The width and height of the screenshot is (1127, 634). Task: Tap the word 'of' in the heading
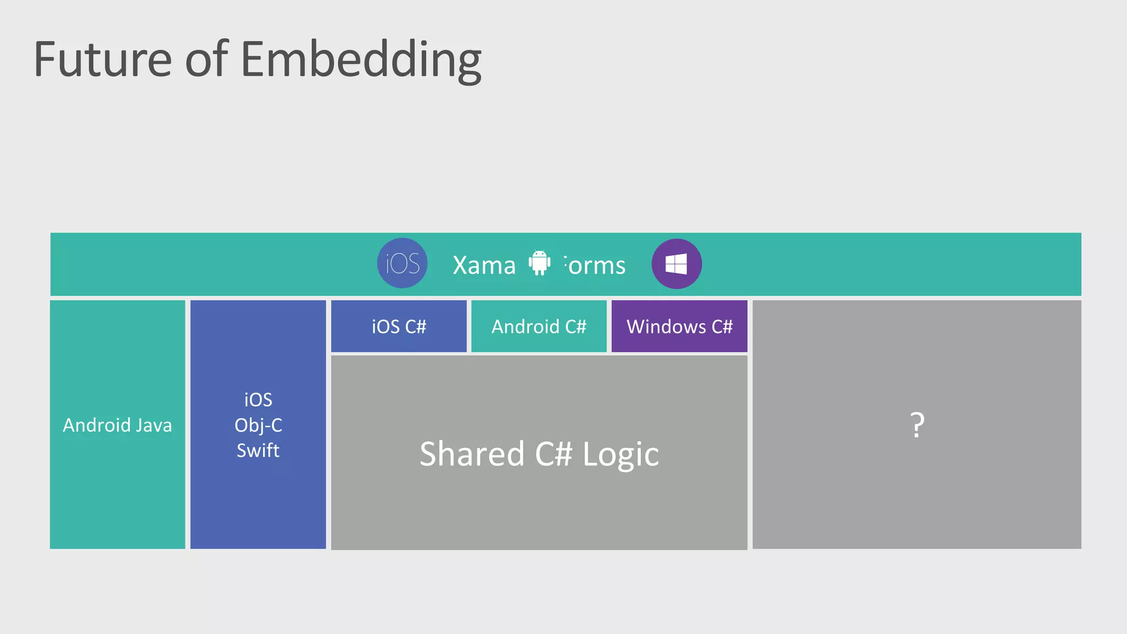(x=206, y=59)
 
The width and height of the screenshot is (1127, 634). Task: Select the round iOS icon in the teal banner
(x=402, y=263)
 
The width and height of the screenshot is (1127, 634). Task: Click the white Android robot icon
(x=539, y=263)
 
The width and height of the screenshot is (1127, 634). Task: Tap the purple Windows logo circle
(x=676, y=264)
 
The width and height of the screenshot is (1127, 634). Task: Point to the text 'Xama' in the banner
(x=484, y=265)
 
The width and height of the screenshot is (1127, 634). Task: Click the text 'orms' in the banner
(x=597, y=265)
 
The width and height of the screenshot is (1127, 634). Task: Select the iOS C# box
(x=399, y=326)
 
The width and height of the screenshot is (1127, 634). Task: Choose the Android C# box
(x=539, y=326)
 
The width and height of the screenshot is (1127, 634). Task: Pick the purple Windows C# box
(x=679, y=326)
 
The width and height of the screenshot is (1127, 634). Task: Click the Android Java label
(x=117, y=425)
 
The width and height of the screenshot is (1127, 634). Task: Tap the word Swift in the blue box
(x=258, y=450)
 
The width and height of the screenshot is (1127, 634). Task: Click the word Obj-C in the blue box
(x=258, y=425)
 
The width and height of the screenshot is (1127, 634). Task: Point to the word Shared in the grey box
(x=472, y=454)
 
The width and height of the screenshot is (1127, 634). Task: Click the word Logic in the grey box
(x=620, y=455)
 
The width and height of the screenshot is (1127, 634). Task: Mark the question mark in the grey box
(x=917, y=425)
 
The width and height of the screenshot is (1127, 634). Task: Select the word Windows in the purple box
(x=666, y=326)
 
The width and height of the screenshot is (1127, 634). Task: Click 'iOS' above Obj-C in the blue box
(x=258, y=400)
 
